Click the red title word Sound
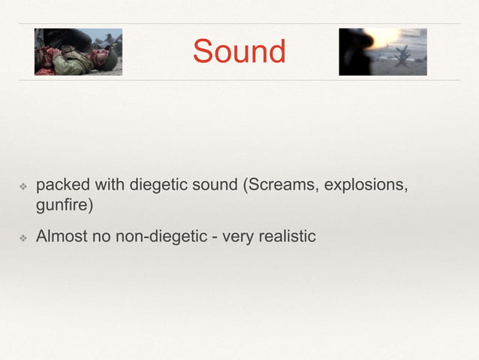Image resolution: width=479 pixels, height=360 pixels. (x=239, y=51)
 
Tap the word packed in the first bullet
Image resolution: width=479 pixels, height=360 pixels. (x=62, y=185)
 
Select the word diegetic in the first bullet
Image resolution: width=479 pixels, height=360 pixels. (x=163, y=185)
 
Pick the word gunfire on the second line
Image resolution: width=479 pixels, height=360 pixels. (x=64, y=204)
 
